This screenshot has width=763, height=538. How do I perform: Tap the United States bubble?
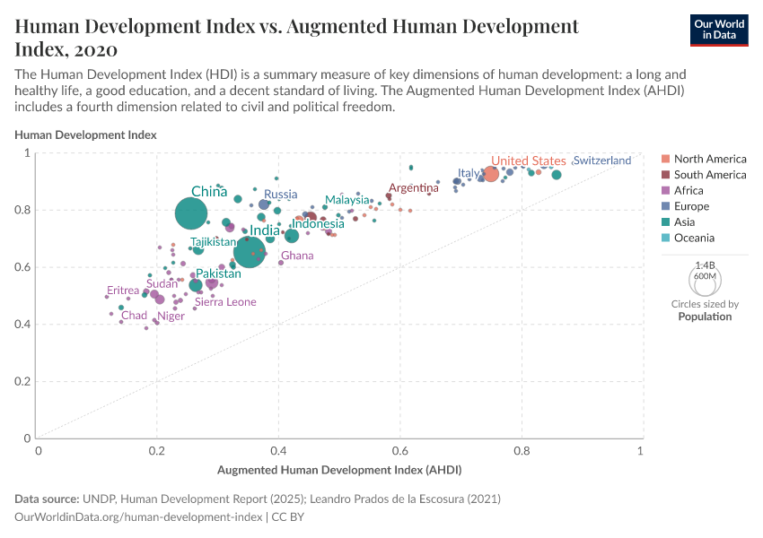[x=491, y=174]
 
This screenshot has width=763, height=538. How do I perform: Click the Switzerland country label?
[x=601, y=161]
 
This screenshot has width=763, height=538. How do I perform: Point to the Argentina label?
[x=413, y=188]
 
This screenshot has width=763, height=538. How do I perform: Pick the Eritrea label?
[x=123, y=291]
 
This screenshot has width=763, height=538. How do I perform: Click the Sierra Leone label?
[x=225, y=302]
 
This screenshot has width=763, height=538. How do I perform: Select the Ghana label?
[x=297, y=256]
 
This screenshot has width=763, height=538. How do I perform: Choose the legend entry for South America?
[x=709, y=175]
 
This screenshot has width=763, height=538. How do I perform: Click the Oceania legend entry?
[x=694, y=238]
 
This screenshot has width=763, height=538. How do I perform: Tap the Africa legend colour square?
[x=665, y=191]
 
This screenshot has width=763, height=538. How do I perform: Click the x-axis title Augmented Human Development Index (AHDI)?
[x=339, y=469]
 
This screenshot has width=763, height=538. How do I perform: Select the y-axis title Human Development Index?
[x=86, y=134]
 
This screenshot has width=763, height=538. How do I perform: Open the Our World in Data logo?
[x=719, y=29]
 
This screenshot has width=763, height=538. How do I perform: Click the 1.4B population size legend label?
[x=705, y=266]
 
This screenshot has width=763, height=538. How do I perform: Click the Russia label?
[x=280, y=195]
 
